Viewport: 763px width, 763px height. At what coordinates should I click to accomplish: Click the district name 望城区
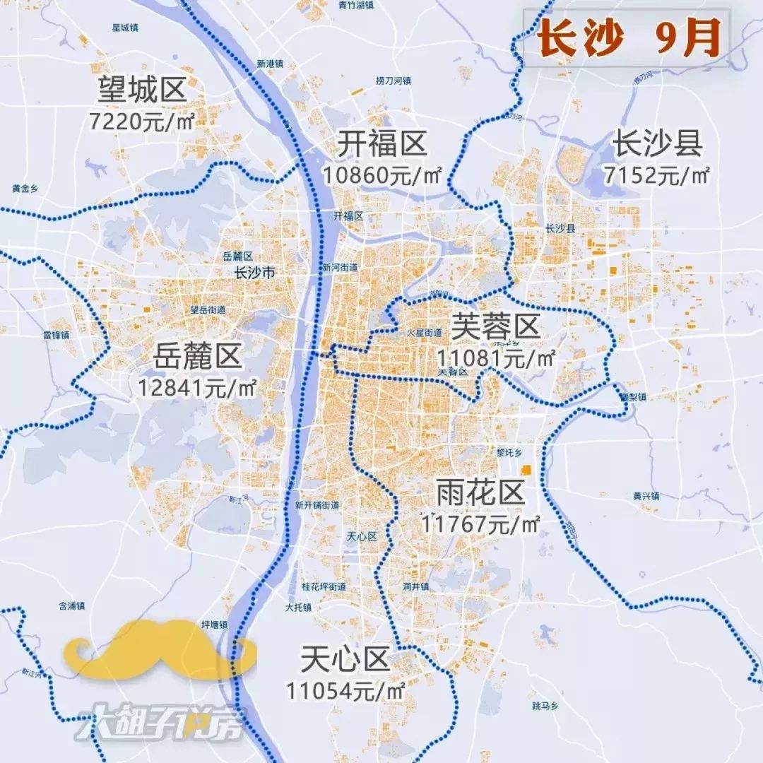pos(142,90)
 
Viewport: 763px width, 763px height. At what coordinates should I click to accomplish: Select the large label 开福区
pos(381,144)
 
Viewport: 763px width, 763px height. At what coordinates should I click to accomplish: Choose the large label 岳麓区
pos(197,357)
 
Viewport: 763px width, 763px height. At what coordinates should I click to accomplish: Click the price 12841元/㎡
pos(197,387)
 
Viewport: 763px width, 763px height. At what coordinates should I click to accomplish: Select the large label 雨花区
pos(480,493)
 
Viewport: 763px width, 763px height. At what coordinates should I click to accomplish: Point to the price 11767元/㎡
pos(480,524)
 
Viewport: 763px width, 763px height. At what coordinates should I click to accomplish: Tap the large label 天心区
pos(345,660)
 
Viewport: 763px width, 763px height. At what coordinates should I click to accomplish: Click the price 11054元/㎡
pos(345,690)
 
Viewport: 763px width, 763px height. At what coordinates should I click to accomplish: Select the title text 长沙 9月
pos(628,40)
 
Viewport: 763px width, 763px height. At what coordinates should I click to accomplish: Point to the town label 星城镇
pos(125,28)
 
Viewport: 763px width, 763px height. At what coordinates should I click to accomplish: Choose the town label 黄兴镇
pos(646,496)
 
